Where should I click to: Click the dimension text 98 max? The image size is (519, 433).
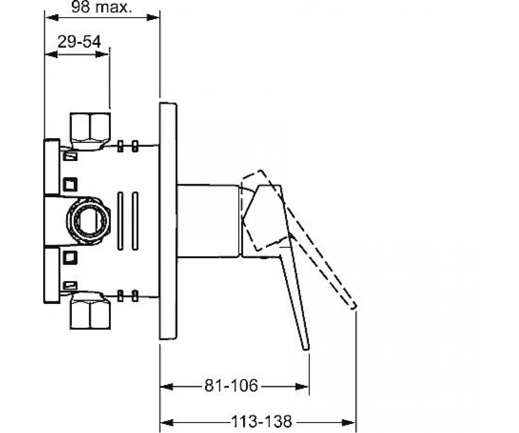point(101,7)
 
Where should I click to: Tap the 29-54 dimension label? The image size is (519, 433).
point(79,42)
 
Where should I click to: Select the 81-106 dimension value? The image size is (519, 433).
point(231,386)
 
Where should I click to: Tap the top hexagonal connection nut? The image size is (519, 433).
point(90,131)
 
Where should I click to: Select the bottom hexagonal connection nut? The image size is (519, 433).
point(90,310)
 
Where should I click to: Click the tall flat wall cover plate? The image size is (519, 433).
point(168,221)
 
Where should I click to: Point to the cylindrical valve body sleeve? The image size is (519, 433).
point(208,221)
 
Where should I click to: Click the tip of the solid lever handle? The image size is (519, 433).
point(306,349)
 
